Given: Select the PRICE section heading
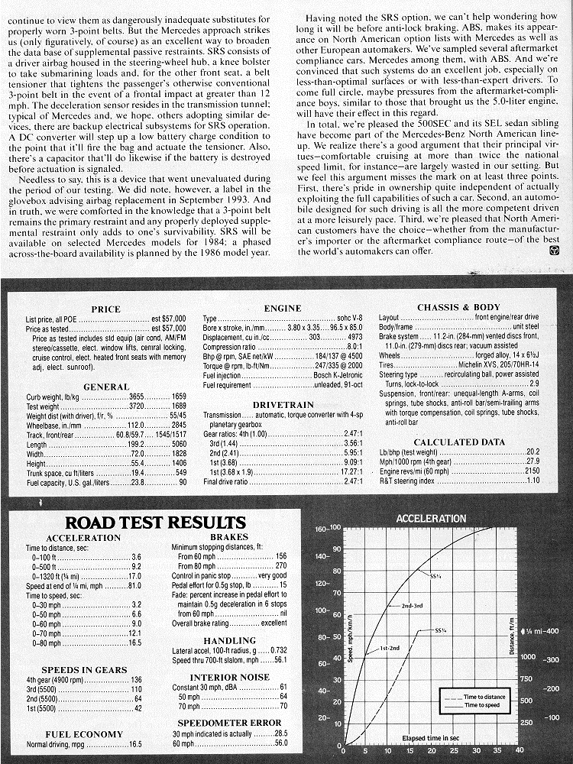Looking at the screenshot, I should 105,309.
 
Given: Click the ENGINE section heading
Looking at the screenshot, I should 282,309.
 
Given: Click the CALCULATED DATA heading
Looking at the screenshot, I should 459,442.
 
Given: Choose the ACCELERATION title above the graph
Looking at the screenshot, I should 431,519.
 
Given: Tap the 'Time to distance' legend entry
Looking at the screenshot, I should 484,697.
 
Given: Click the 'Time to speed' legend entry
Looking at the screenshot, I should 481,706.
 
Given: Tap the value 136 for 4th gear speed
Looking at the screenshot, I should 137,680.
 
